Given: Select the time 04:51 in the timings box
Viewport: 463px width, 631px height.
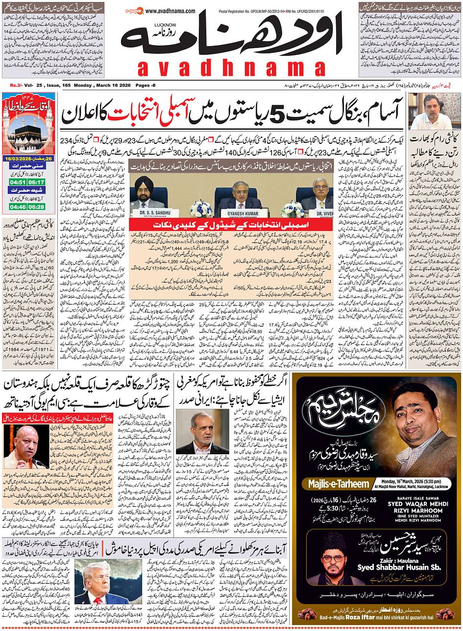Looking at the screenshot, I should click(15, 182).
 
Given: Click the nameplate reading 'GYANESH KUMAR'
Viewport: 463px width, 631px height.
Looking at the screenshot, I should click(243, 214).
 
